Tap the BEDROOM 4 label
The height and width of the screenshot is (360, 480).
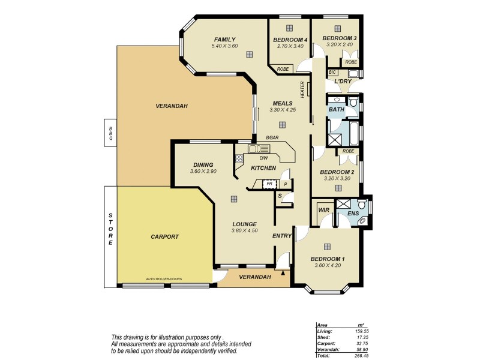point(290,40)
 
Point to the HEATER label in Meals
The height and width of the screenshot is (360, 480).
point(303,90)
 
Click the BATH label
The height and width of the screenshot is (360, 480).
point(335,110)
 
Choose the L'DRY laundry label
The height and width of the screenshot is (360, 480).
point(343,81)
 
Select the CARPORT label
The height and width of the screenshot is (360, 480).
point(164,237)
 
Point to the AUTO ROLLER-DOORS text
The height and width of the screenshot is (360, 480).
point(164,279)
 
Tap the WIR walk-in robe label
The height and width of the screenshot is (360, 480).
point(324,211)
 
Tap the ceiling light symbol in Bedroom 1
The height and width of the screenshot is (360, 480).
point(328,247)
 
